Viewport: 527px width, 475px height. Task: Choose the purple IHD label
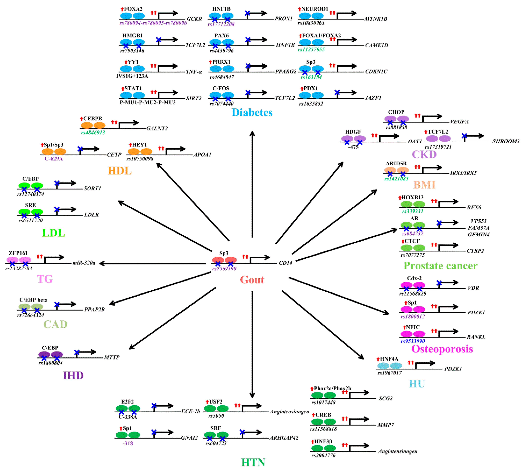(73, 375)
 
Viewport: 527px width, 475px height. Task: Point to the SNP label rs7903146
(132, 51)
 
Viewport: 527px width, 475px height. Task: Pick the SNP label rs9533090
(413, 341)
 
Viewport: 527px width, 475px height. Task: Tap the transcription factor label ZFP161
(18, 253)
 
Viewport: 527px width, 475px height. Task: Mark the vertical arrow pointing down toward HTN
(252, 345)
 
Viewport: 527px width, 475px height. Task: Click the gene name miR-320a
(84, 263)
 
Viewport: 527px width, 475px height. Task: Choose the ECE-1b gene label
(190, 411)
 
